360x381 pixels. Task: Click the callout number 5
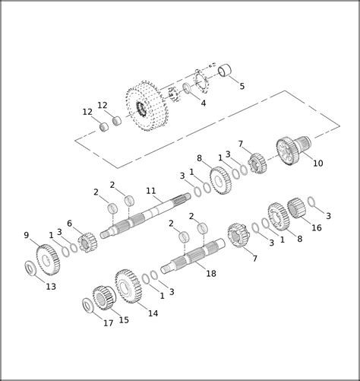coord(242,86)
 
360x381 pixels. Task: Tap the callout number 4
coord(204,103)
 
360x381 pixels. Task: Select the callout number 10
coord(318,164)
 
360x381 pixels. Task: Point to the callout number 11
coord(151,191)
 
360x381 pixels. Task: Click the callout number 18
coord(211,274)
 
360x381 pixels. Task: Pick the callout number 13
coord(51,287)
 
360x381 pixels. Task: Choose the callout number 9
coord(27,235)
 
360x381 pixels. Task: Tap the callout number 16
coord(316,227)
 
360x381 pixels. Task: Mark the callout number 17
coord(108,323)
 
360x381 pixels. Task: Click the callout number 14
coord(153,313)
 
